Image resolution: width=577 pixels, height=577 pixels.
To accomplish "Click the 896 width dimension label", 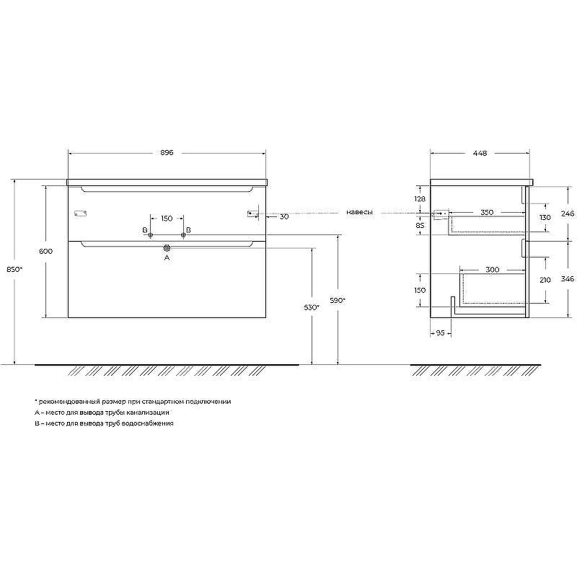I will [x=167, y=153].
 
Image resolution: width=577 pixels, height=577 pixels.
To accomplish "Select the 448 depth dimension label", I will [x=480, y=153].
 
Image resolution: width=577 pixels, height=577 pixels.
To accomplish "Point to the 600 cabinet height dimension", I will [x=45, y=251].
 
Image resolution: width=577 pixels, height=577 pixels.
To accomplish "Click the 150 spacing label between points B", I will [x=167, y=218].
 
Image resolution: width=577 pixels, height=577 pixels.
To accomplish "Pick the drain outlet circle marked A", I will [x=167, y=248].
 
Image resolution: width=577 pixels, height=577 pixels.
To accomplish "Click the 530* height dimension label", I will [x=311, y=307].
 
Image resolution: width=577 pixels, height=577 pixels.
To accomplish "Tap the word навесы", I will [x=359, y=213].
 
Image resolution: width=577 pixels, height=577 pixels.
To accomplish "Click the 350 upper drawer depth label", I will [x=488, y=213].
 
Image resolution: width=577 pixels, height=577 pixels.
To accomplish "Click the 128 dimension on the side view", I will [x=420, y=198].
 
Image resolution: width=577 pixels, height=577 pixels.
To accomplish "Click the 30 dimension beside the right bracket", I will [x=284, y=216].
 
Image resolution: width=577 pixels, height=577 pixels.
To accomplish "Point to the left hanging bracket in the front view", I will [x=80, y=213].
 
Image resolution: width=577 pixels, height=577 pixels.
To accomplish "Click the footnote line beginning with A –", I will [x=101, y=412].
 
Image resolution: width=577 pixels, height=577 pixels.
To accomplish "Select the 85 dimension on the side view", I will [x=420, y=225].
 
